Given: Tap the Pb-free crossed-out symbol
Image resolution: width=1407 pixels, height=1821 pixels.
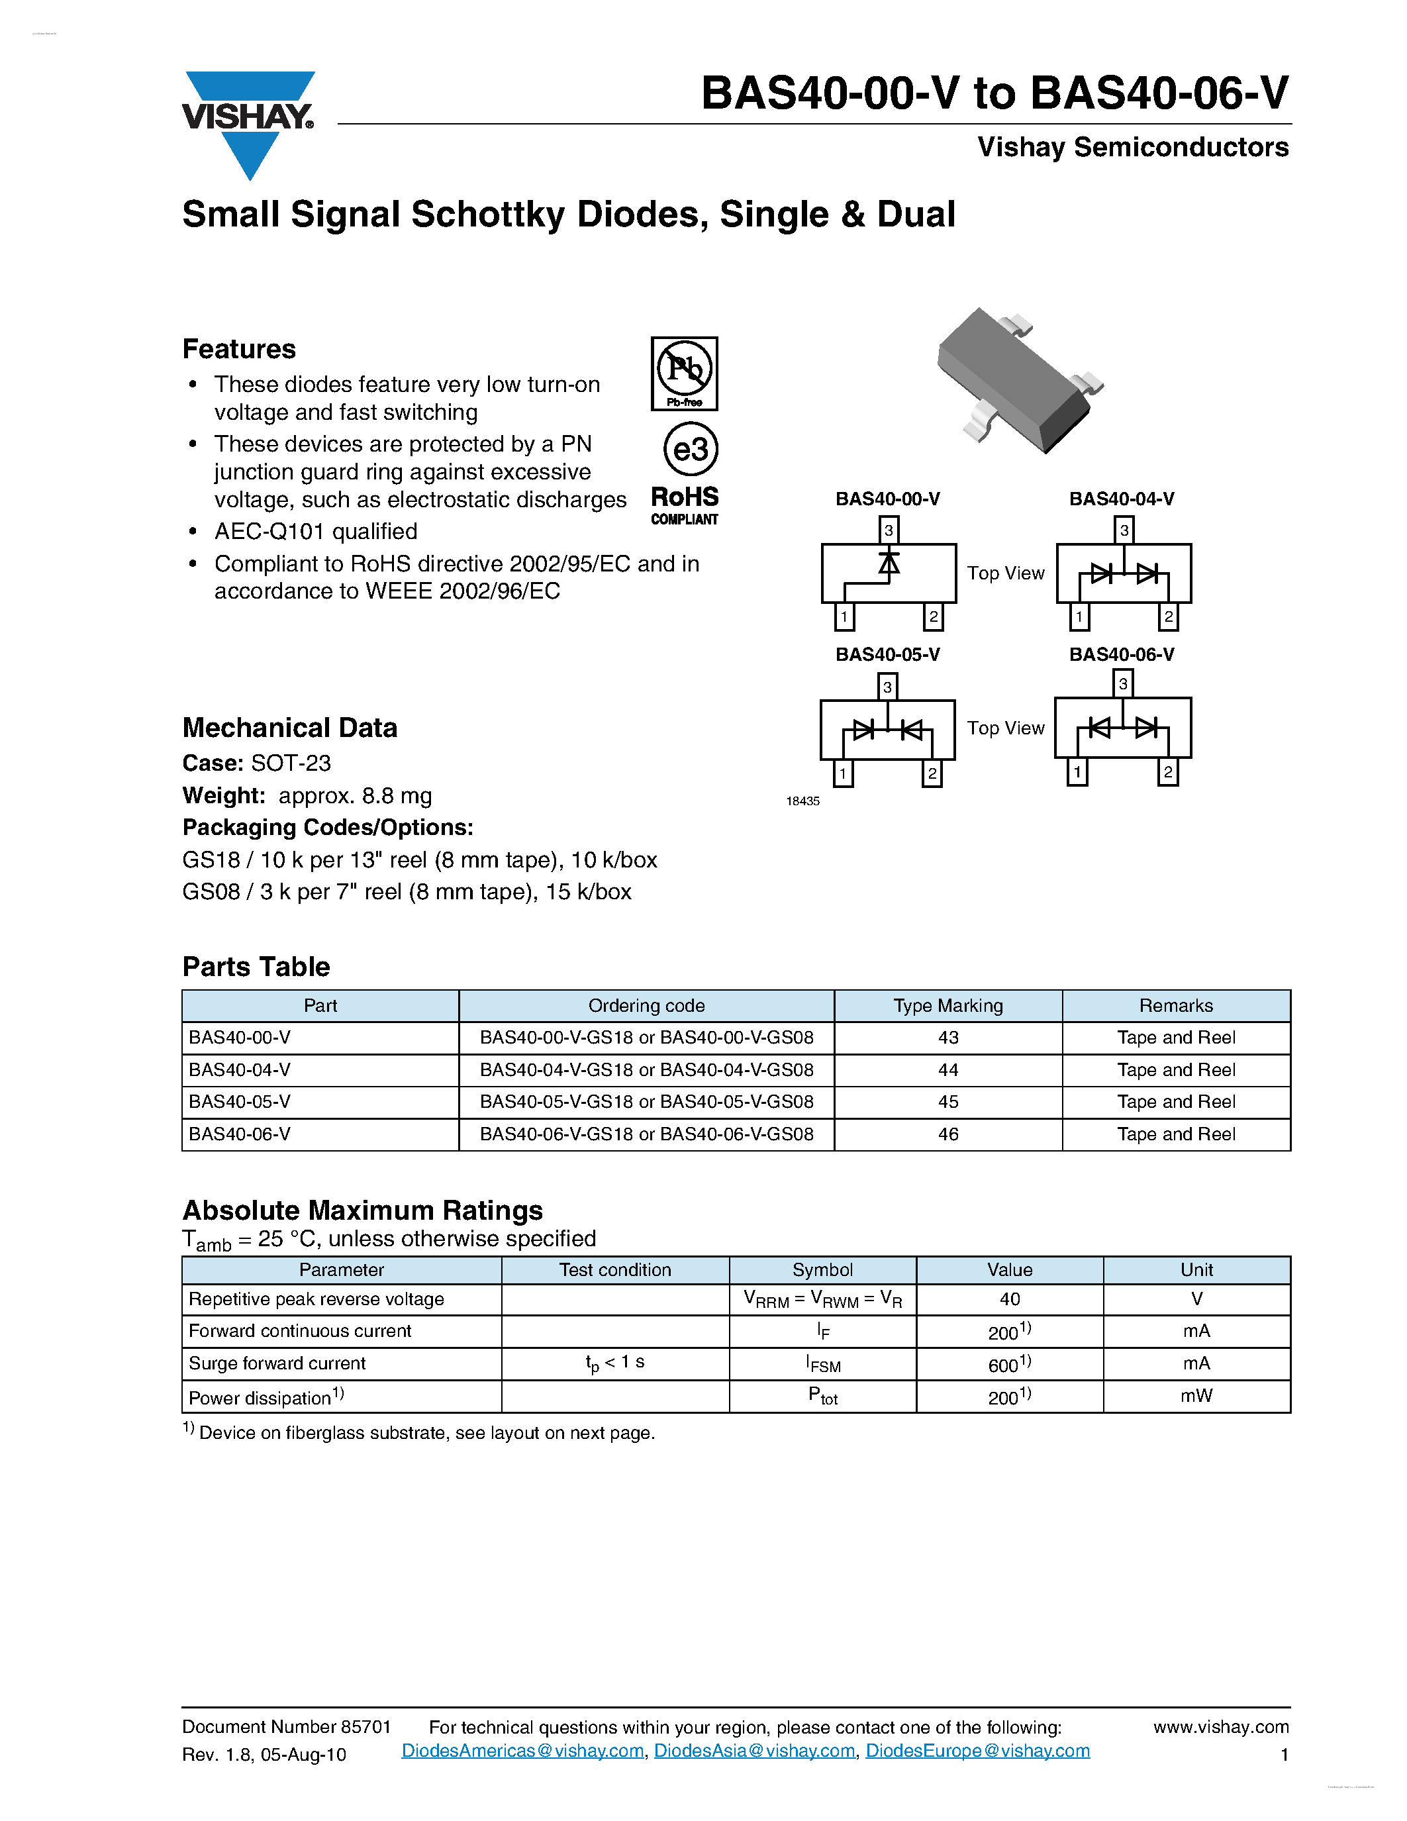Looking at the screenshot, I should pyautogui.click(x=685, y=373).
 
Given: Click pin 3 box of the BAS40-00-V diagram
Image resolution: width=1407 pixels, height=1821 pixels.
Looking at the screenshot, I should pyautogui.click(x=889, y=530).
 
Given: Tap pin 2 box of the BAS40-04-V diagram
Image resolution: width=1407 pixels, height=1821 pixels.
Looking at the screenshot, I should pyautogui.click(x=1168, y=617).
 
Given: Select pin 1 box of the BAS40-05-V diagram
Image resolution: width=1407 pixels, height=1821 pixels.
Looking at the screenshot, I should pyautogui.click(x=843, y=773).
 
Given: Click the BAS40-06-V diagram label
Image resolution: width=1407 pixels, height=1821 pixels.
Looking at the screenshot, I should pyautogui.click(x=1121, y=654).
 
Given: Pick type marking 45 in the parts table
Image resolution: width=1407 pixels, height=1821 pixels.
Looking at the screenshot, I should pyautogui.click(x=947, y=1101).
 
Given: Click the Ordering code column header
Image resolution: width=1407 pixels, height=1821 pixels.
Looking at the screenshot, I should pyautogui.click(x=646, y=1006).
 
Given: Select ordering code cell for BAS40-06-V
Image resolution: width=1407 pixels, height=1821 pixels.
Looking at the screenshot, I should pyautogui.click(x=646, y=1134).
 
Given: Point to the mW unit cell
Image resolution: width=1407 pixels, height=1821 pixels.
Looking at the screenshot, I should pyautogui.click(x=1196, y=1396).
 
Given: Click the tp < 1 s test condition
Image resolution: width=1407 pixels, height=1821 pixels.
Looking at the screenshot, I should pyautogui.click(x=614, y=1362).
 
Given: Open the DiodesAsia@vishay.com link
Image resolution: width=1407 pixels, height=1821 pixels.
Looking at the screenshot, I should pyautogui.click(x=754, y=1751).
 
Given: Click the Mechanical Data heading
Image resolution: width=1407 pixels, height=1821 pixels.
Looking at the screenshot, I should pyautogui.click(x=289, y=728).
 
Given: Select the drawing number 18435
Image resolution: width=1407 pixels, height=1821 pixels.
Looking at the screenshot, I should pyautogui.click(x=802, y=801).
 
